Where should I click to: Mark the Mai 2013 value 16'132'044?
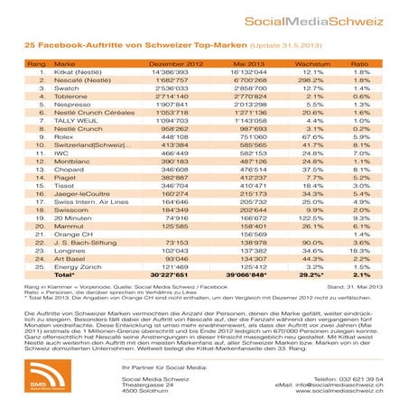pos(236,74)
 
